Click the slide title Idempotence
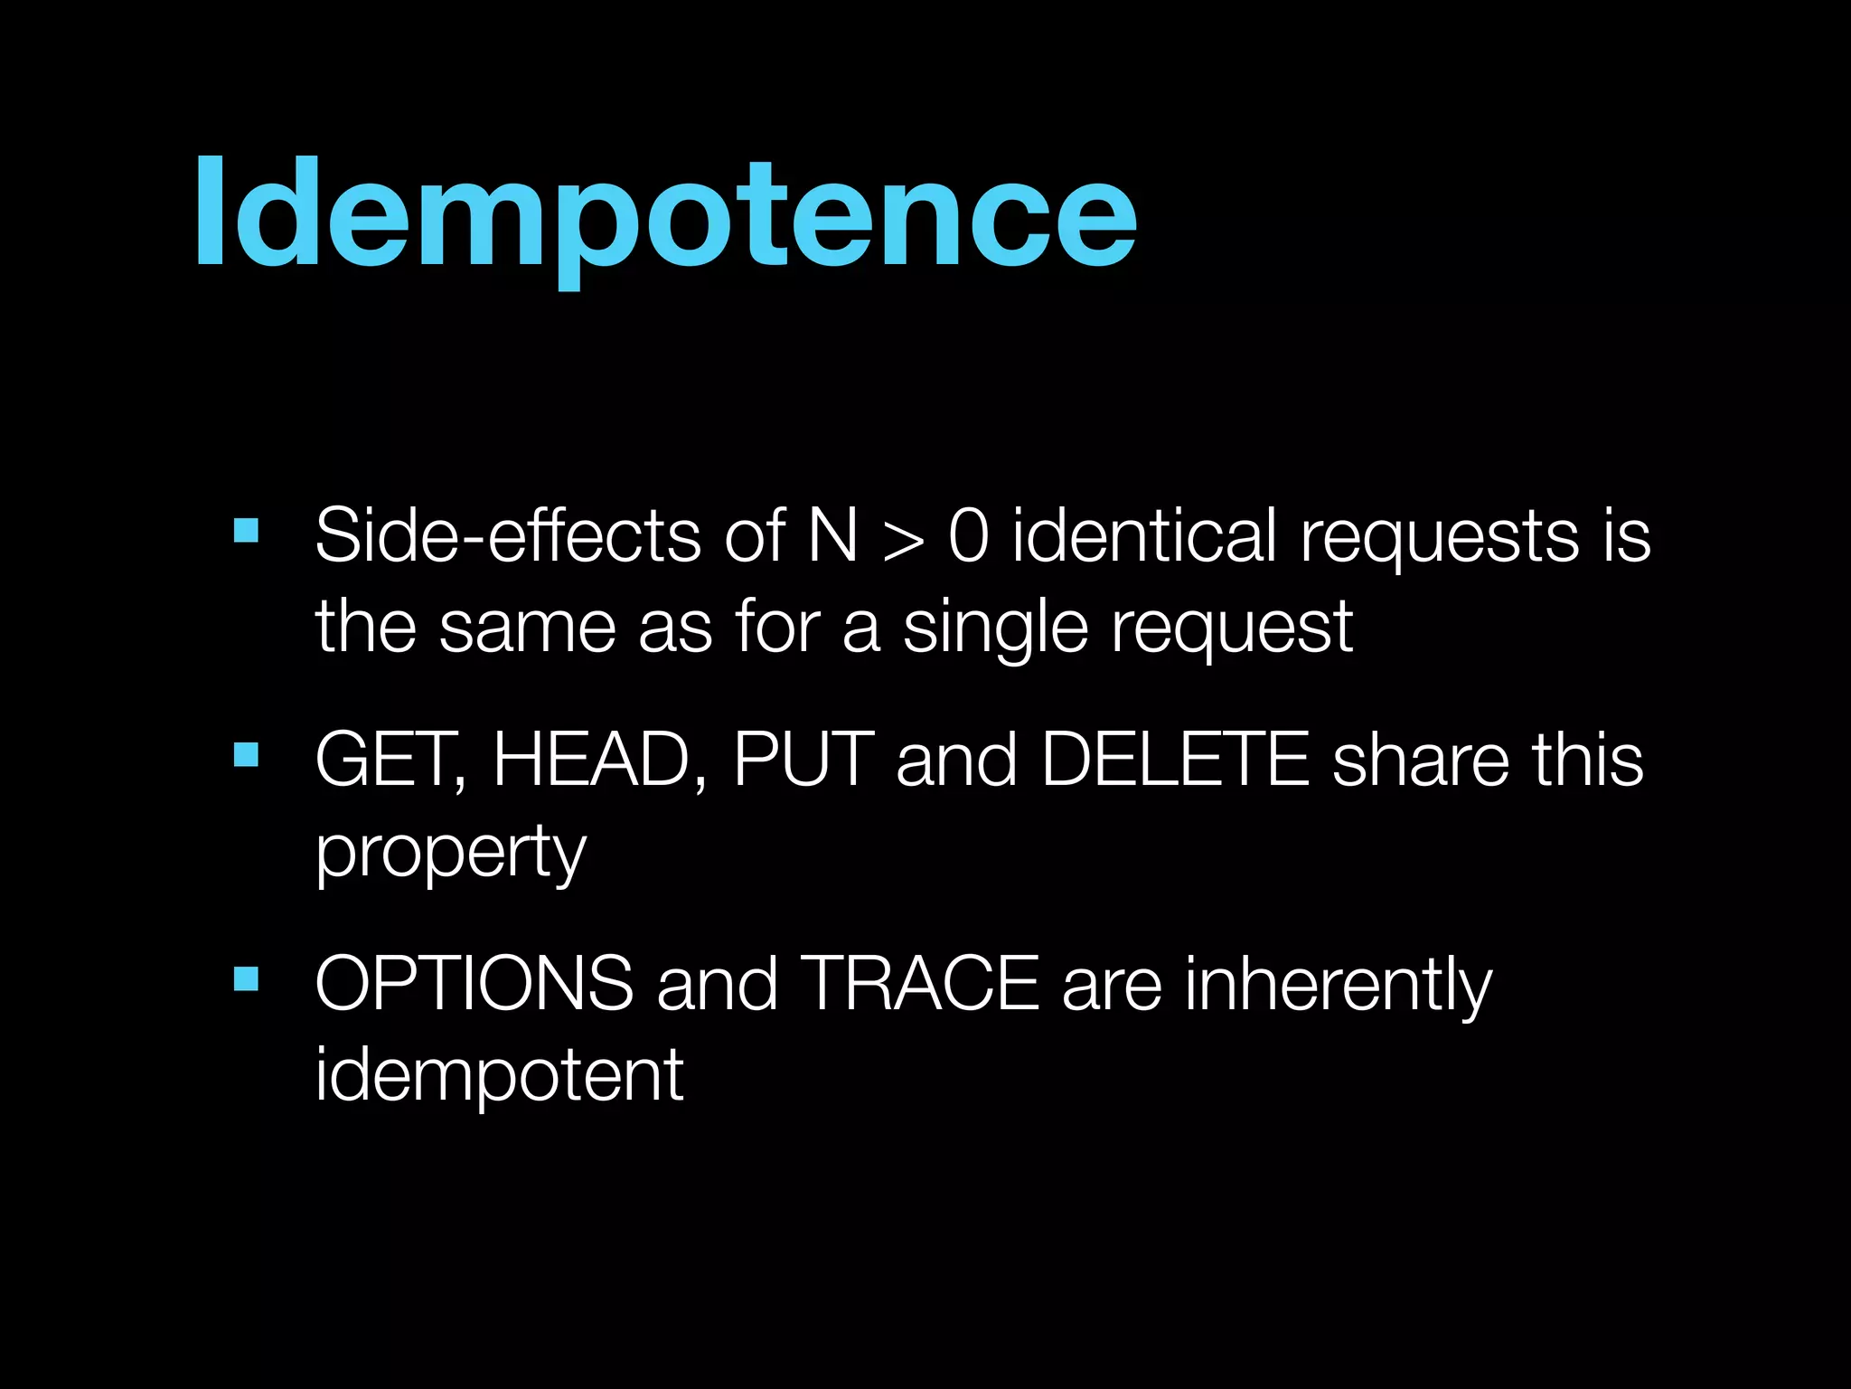pos(664,214)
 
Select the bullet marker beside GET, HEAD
pos(246,754)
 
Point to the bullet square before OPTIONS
pos(246,978)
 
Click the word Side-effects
pos(507,535)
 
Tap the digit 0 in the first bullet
pos(968,535)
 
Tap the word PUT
pos(803,760)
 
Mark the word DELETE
pos(1175,760)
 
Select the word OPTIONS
pos(474,984)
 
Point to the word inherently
pos(1339,986)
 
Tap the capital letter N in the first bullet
pos(832,535)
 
